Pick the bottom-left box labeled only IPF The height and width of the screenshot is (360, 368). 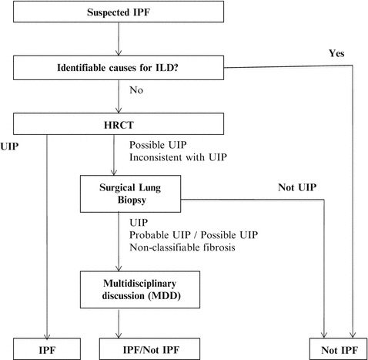(45, 348)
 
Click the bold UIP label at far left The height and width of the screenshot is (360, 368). (9, 144)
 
